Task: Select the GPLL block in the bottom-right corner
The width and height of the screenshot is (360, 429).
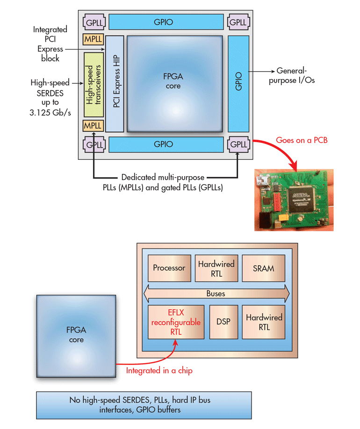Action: (238, 144)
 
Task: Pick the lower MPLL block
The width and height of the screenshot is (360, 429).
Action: (93, 125)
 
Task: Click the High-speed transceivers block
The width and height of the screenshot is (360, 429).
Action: (94, 85)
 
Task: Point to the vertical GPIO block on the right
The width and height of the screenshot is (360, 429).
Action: (238, 84)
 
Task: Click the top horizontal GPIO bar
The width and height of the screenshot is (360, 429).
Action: (166, 22)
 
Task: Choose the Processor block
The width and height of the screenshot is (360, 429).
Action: (169, 268)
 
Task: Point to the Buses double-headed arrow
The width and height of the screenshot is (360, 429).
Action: (216, 293)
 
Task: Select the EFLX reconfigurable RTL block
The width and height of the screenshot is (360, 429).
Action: (176, 322)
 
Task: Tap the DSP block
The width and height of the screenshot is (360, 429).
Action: (223, 322)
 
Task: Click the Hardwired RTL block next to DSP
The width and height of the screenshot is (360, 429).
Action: (264, 322)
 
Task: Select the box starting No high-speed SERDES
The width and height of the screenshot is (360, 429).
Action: (144, 405)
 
